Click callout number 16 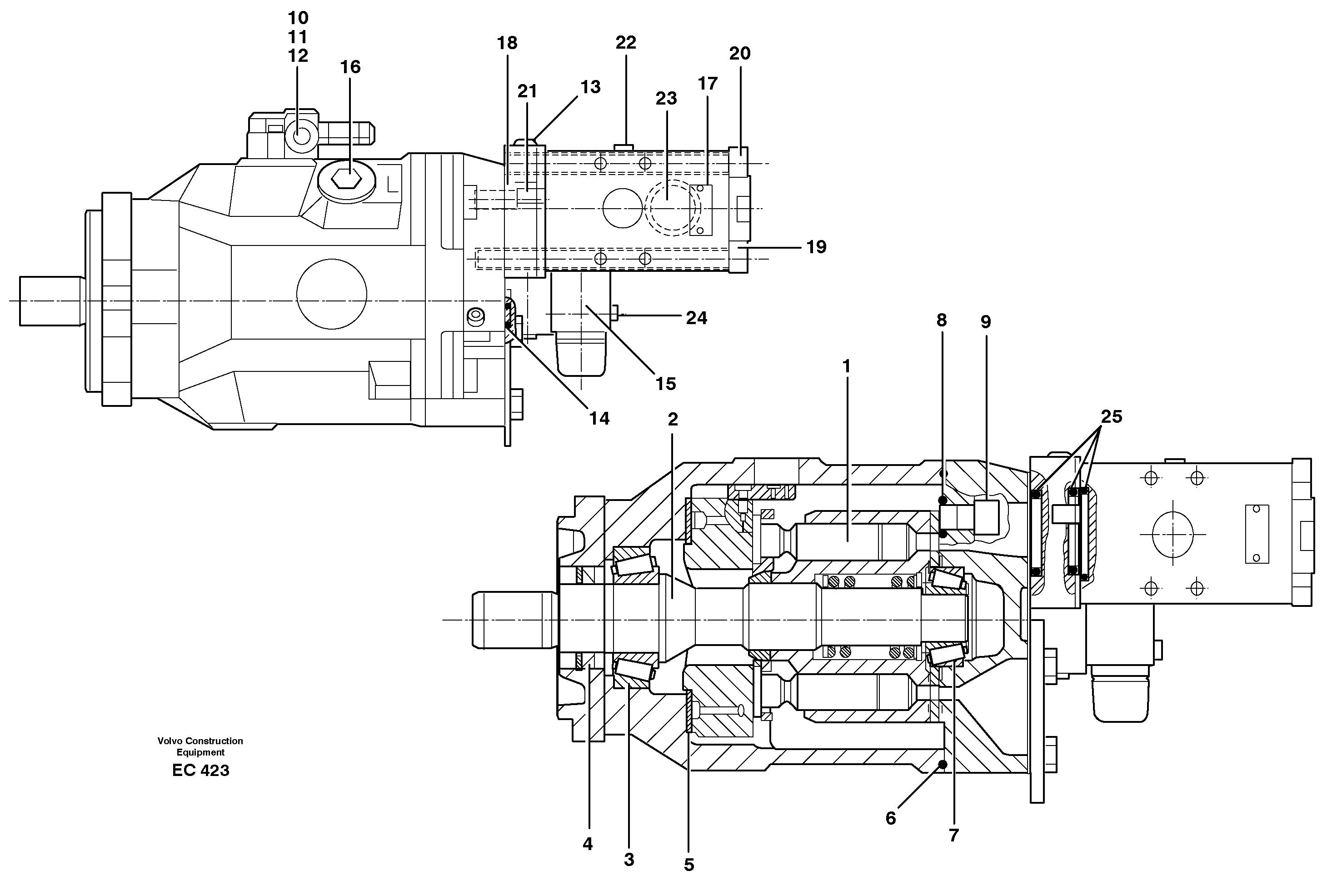[x=350, y=67]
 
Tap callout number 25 [x=1111, y=416]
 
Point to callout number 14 [x=599, y=418]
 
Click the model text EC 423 [x=200, y=771]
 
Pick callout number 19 [x=816, y=247]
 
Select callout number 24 [x=696, y=318]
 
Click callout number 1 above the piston [x=846, y=366]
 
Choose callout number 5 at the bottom [x=688, y=865]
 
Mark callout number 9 [x=986, y=322]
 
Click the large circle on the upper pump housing [x=331, y=294]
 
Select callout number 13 [x=590, y=87]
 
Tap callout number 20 [x=740, y=54]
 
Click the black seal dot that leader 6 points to [x=943, y=764]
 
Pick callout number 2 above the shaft [x=673, y=419]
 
